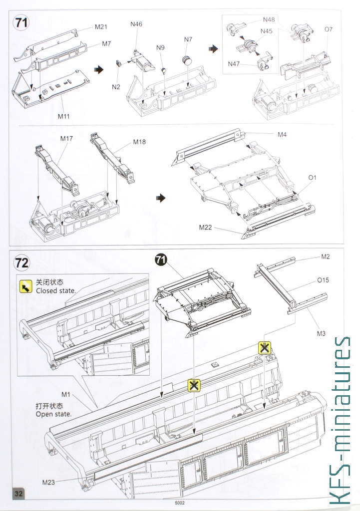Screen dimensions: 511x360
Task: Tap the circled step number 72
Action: [x=22, y=262]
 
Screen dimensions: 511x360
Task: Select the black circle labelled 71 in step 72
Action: [x=161, y=259]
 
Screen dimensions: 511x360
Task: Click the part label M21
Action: [x=101, y=26]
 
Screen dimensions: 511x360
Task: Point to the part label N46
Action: [x=136, y=24]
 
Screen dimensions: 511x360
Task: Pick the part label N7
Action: [x=188, y=39]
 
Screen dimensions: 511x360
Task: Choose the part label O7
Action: [x=328, y=29]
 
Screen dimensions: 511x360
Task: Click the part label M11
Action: [x=63, y=116]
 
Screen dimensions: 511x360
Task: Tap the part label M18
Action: [x=139, y=142]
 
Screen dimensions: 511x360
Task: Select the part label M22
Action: [x=205, y=227]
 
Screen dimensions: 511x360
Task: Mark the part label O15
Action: [x=323, y=280]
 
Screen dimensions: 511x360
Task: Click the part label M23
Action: [x=48, y=482]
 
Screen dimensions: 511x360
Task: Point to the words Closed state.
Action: [x=56, y=290]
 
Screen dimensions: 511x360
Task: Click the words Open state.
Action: [x=53, y=414]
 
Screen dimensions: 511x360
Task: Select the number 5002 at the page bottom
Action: [x=180, y=503]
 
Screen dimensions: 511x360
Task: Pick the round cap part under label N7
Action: [x=188, y=60]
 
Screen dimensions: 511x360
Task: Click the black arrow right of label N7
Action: [x=214, y=48]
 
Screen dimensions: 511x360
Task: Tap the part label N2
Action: [x=116, y=86]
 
